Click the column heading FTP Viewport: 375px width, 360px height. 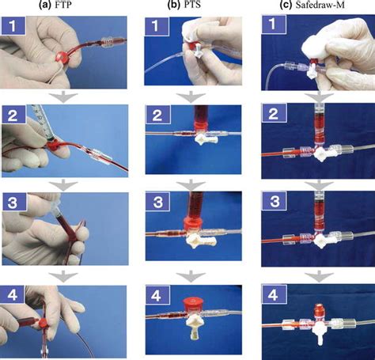pos(62,5)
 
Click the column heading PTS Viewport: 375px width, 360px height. pos(191,5)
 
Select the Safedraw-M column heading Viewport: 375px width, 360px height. pos(320,5)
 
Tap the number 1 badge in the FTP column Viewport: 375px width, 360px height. pos(13,25)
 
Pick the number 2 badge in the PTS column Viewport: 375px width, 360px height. pos(157,116)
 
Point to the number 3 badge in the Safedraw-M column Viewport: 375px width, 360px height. pos(275,202)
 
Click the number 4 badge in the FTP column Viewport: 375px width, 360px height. pos(12,295)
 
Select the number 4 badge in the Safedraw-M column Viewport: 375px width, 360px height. pos(273,295)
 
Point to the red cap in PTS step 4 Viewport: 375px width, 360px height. pos(192,305)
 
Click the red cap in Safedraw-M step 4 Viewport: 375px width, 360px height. pos(319,310)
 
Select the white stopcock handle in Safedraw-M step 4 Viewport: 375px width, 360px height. pos(320,332)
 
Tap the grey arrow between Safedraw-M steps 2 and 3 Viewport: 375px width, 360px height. pos(319,185)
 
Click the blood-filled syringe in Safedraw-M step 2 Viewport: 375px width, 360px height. pos(320,123)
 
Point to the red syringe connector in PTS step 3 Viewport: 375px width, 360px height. pos(193,226)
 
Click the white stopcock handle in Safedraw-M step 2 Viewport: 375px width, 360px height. pos(322,155)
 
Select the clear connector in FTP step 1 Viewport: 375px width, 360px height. pos(107,42)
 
